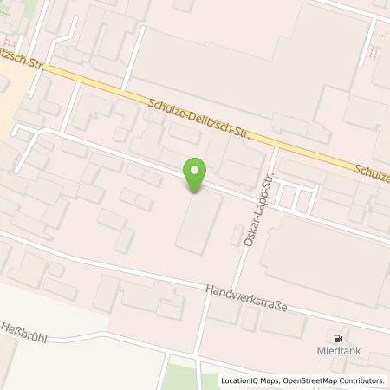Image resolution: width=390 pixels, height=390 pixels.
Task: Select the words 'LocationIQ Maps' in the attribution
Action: [x=251, y=380]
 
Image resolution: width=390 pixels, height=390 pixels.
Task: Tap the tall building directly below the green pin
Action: [x=198, y=221]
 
